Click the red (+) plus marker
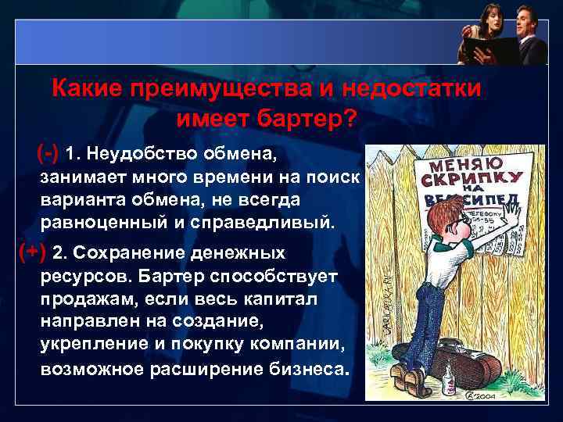[x=32, y=252]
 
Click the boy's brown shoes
[x=411, y=382]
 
